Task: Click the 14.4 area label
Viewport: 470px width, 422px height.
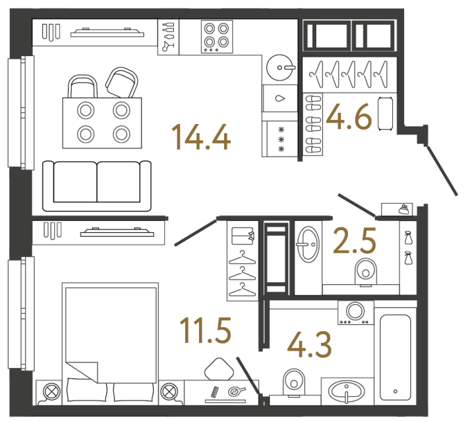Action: (x=200, y=137)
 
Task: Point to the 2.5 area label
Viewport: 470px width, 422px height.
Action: (x=355, y=241)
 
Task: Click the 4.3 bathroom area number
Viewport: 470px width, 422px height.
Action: (x=309, y=344)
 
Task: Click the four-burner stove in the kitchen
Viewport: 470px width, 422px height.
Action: (x=217, y=36)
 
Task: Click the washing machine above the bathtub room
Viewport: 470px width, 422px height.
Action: (x=355, y=312)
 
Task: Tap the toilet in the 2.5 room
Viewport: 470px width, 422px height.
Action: (x=364, y=270)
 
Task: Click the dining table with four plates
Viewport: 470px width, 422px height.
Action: (x=102, y=122)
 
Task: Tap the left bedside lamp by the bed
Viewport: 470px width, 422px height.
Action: (x=50, y=392)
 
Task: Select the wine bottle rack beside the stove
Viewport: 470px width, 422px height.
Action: (x=167, y=36)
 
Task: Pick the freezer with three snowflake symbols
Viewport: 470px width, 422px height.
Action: (x=280, y=139)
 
